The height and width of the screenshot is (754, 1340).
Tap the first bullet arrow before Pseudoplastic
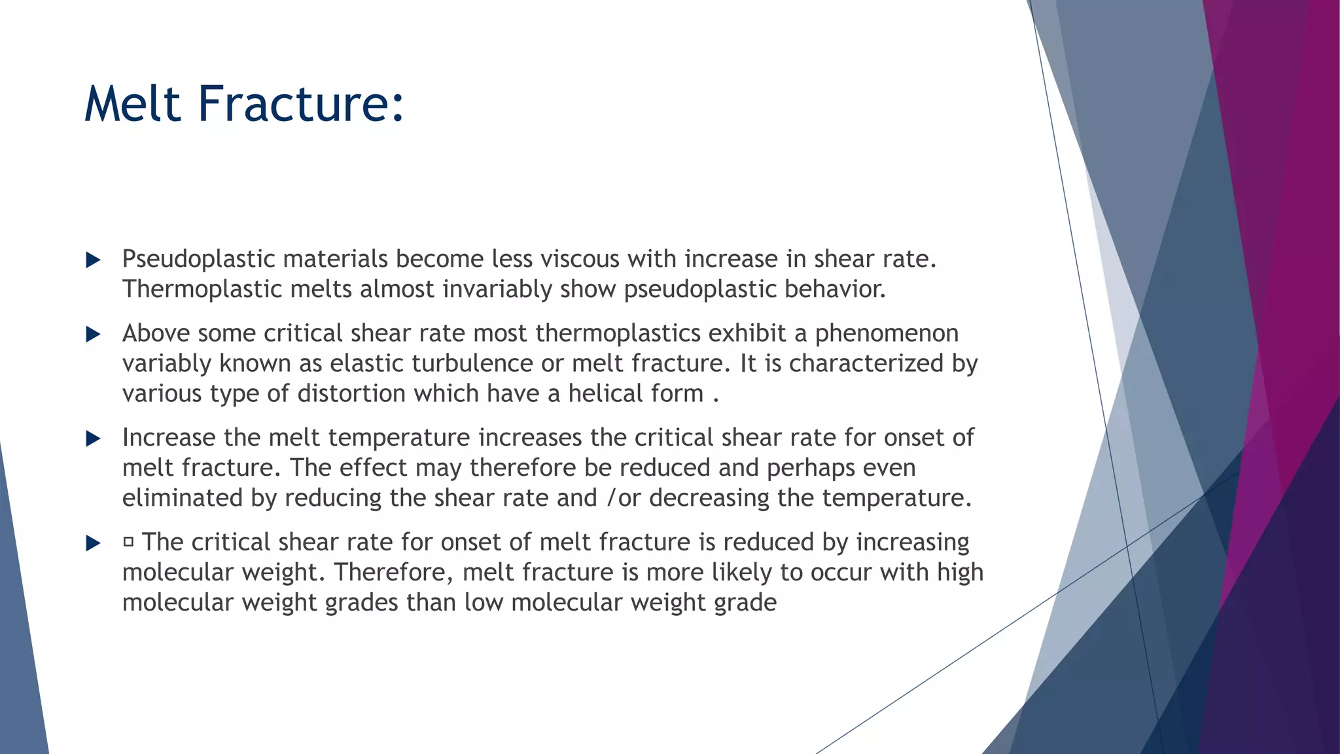coord(94,260)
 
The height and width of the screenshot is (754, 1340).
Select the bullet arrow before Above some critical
coord(94,335)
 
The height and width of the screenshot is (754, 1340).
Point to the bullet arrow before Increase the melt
coord(94,439)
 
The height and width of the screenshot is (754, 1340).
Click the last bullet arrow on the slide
coord(94,543)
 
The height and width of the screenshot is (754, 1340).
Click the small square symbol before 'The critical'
coord(128,542)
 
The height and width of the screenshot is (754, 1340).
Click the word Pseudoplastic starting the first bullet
coord(198,260)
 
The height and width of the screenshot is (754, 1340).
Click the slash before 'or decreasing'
coord(612,498)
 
